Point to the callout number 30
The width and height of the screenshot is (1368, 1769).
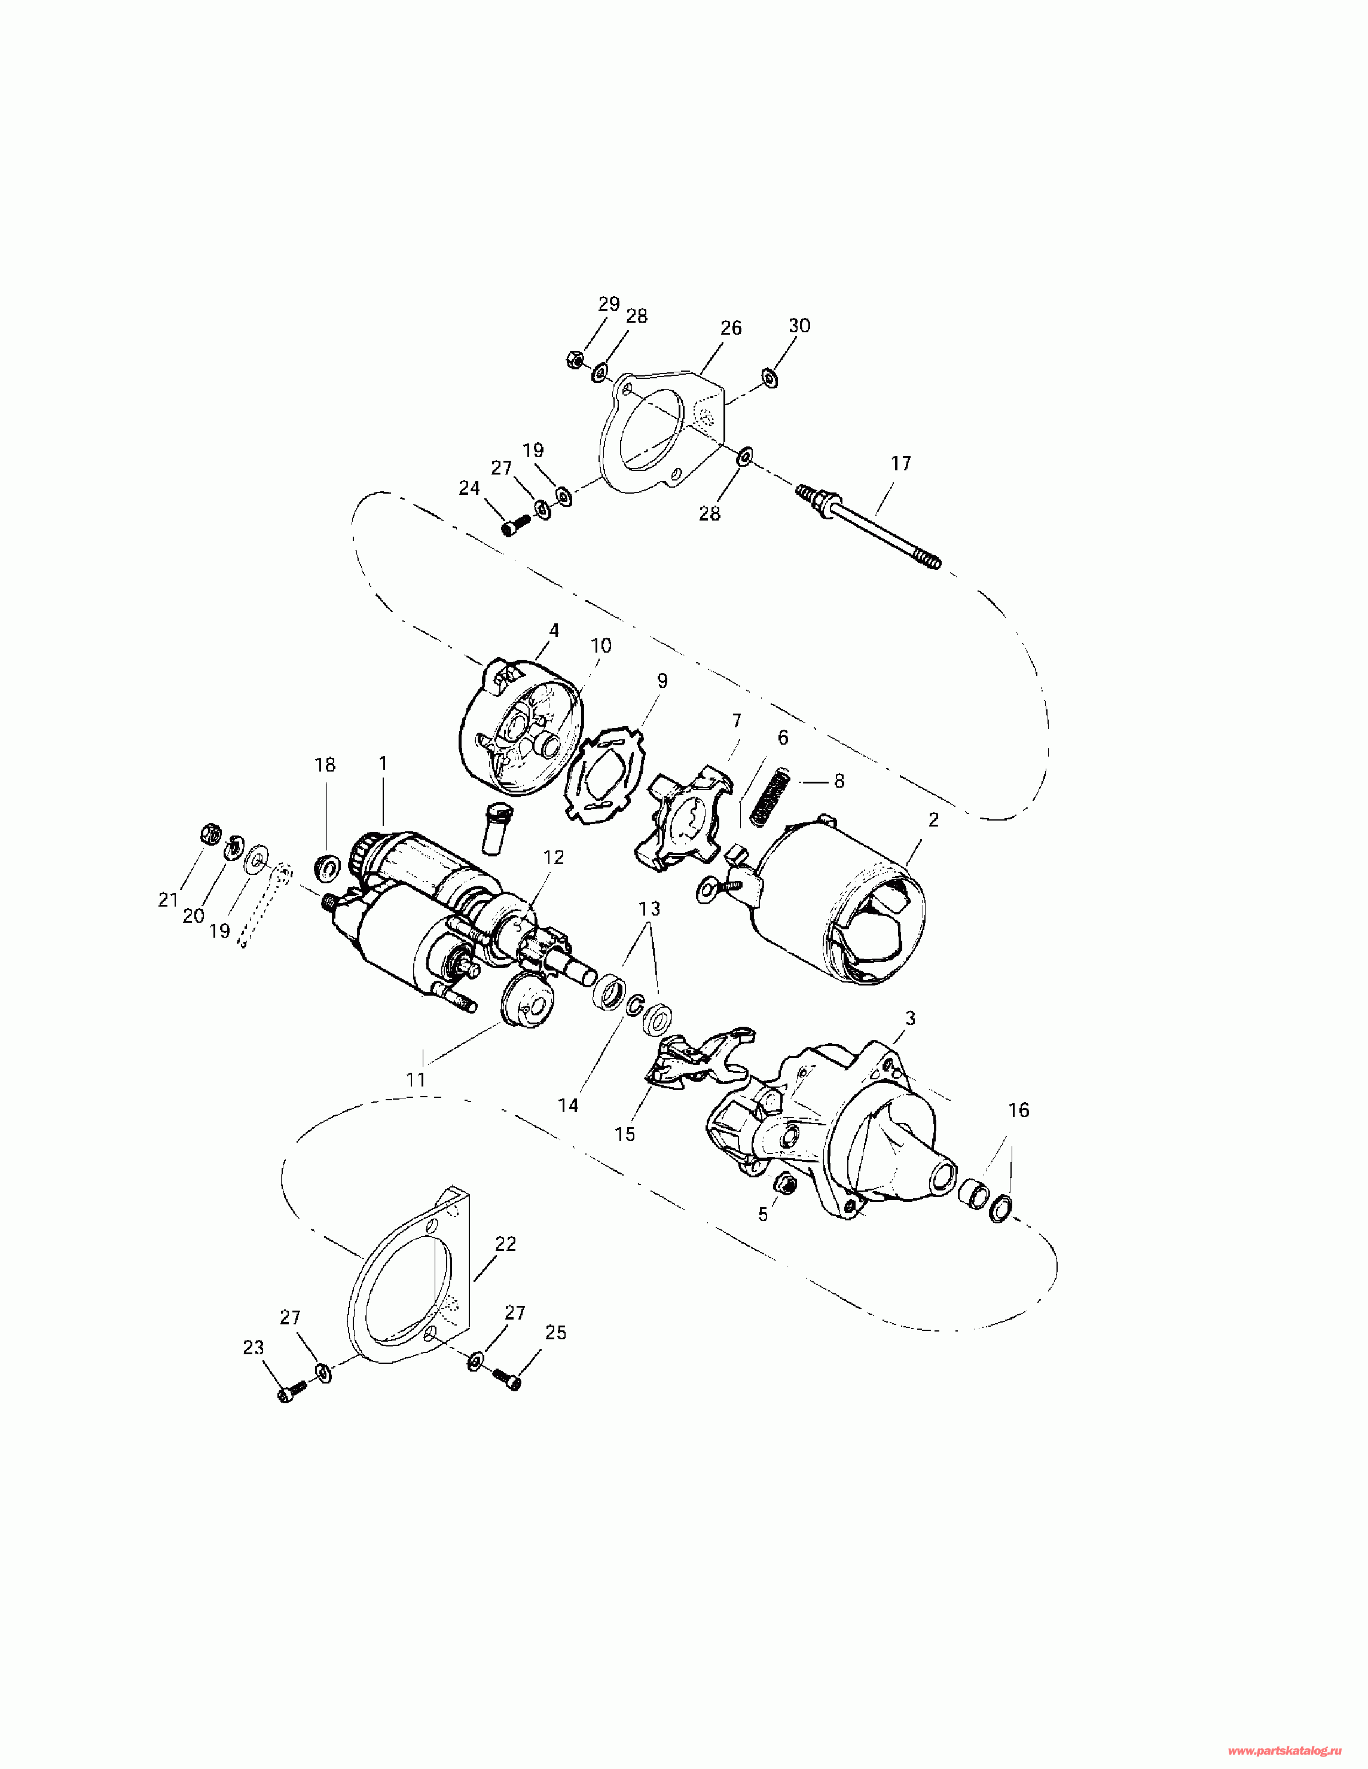click(799, 326)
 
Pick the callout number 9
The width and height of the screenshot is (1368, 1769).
click(662, 680)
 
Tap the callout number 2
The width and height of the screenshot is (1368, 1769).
click(933, 820)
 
